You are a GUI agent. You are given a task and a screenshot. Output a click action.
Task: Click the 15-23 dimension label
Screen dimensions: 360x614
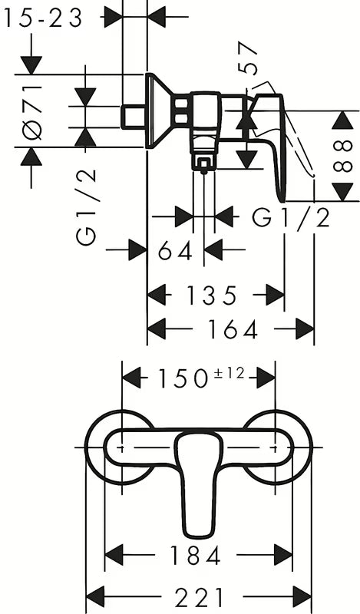pyautogui.click(x=43, y=18)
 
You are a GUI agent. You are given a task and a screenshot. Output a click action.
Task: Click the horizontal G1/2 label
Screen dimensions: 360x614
pyautogui.click(x=291, y=218)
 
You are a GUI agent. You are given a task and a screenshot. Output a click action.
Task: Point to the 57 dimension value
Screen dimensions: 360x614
pyautogui.click(x=248, y=58)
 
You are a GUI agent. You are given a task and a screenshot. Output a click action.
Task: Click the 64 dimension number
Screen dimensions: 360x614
pyautogui.click(x=176, y=251)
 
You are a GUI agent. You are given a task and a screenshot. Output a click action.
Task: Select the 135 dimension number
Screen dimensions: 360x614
pyautogui.click(x=212, y=295)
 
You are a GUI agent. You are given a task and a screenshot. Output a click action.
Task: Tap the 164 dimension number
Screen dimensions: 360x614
pyautogui.click(x=233, y=329)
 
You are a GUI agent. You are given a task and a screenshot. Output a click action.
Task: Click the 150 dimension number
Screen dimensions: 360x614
pyautogui.click(x=183, y=378)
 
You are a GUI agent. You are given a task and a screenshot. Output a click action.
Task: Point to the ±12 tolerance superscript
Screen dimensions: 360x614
pyautogui.click(x=230, y=373)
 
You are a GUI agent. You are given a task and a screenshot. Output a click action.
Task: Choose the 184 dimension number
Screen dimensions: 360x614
pyautogui.click(x=196, y=555)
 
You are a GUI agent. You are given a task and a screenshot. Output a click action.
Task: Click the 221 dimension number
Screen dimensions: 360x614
pyautogui.click(x=199, y=597)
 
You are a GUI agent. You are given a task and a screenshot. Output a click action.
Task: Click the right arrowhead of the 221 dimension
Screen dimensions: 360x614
pyautogui.click(x=302, y=597)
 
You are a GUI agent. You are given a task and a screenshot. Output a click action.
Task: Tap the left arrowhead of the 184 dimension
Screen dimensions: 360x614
pyautogui.click(x=115, y=555)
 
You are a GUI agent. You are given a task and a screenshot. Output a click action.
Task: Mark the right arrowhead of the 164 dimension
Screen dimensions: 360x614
pyautogui.click(x=305, y=329)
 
